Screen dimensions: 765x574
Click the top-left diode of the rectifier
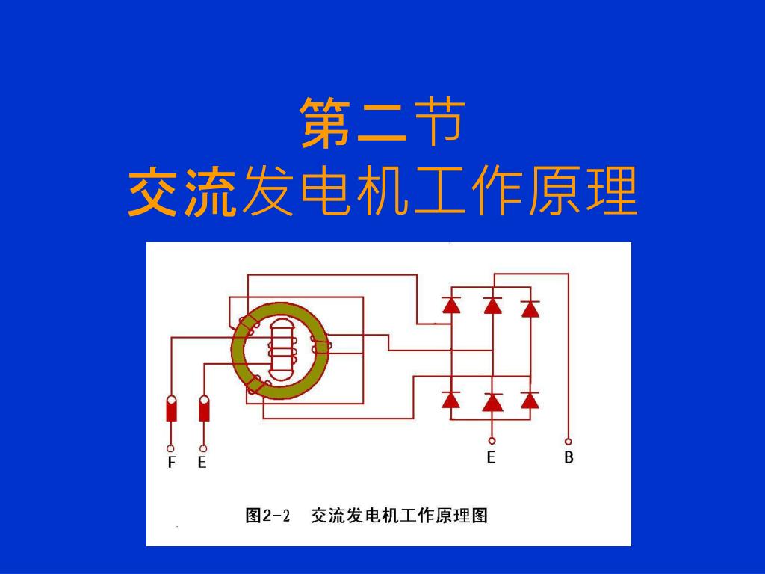[x=450, y=305]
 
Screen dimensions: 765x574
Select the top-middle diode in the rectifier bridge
[x=492, y=306]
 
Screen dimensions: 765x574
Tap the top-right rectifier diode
[x=530, y=309]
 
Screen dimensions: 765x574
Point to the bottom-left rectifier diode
[x=450, y=400]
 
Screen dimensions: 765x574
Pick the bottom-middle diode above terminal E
[x=492, y=403]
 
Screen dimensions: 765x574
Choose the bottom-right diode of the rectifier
[x=530, y=400]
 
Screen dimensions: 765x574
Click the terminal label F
[x=172, y=463]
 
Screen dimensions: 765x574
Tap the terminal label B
[x=569, y=457]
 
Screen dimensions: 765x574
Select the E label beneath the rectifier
[x=491, y=457]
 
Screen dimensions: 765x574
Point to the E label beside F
[x=202, y=463]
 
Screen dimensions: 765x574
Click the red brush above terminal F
[x=172, y=409]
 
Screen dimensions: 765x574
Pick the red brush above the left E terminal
[x=204, y=409]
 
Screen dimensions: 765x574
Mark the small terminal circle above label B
[x=569, y=441]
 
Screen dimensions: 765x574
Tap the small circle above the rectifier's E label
[x=492, y=441]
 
